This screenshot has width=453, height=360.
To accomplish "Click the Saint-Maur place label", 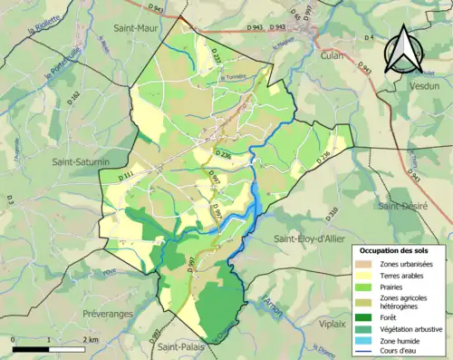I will [136, 28].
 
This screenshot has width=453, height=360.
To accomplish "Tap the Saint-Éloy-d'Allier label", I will [305, 238].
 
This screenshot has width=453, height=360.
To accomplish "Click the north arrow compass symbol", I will [404, 50].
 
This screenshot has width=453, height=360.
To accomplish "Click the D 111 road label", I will [127, 175].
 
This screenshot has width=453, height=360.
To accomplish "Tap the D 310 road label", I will [332, 213].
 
